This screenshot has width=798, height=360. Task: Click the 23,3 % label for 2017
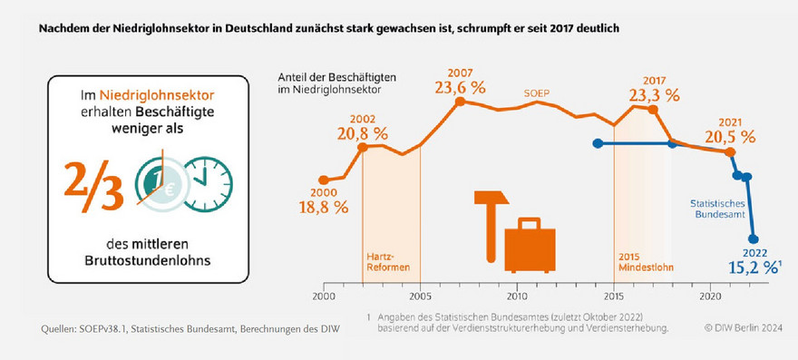654,94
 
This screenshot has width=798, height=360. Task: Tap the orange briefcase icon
530,242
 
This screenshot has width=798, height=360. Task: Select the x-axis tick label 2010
517,297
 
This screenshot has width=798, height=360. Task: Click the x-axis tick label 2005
420,297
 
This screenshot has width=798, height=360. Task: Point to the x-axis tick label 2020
711,297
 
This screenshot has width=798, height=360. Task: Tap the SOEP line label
537,92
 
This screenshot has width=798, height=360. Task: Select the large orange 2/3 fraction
93,187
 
